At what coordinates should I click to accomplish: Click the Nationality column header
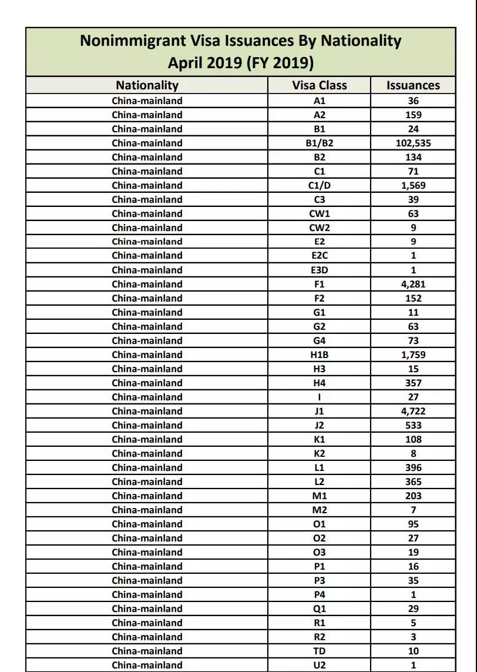pos(147,85)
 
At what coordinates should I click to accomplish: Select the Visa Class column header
pos(320,85)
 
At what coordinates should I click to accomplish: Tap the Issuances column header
pos(413,85)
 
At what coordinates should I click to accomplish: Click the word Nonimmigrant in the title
pos(131,41)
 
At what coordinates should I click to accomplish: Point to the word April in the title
pos(185,62)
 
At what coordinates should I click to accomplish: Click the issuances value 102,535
pos(413,143)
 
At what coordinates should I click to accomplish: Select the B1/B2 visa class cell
pos(320,143)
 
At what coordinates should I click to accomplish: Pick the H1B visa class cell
pos(320,355)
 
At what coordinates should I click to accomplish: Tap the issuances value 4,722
pos(413,411)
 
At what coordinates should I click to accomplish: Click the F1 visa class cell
pos(320,284)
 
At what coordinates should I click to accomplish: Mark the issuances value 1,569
pos(413,185)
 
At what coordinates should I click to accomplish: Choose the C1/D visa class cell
pos(320,185)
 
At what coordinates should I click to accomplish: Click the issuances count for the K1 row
pos(413,439)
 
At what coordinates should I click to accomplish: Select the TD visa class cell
pos(320,651)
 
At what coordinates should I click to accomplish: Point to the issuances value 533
pos(413,425)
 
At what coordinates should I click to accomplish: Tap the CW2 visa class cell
pos(320,228)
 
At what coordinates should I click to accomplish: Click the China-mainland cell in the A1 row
pos(147,101)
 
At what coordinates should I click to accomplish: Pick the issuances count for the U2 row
pos(413,665)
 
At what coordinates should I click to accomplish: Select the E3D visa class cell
pos(320,270)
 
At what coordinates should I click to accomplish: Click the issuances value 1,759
pos(413,355)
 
